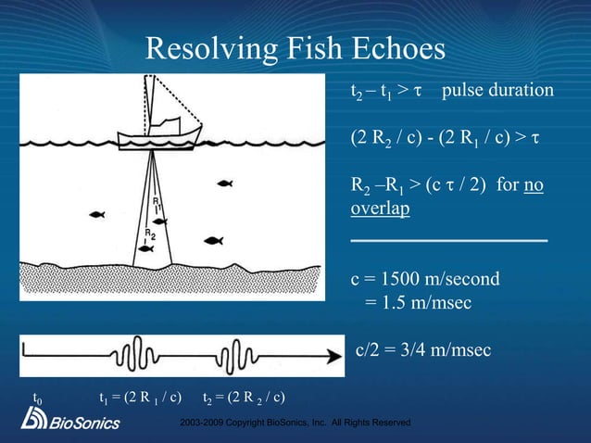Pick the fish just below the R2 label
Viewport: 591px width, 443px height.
click(x=145, y=247)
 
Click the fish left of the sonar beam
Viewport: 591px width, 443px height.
click(x=96, y=216)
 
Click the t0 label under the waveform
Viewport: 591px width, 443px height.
click(x=38, y=399)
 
